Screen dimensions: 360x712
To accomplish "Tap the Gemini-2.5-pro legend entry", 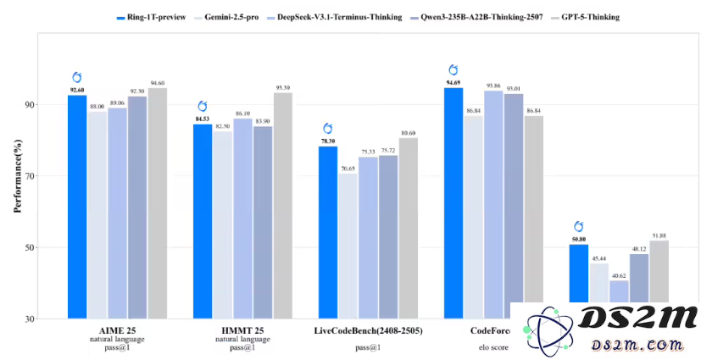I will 230,16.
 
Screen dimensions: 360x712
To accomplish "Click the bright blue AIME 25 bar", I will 77,207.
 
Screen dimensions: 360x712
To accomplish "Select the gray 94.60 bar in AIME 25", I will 157,203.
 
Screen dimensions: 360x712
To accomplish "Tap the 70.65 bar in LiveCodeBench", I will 348,246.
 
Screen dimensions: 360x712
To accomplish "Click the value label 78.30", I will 327,141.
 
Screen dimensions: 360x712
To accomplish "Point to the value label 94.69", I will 453,82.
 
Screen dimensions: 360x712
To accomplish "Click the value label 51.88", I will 658,235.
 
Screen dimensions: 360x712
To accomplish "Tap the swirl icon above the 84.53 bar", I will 203,106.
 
